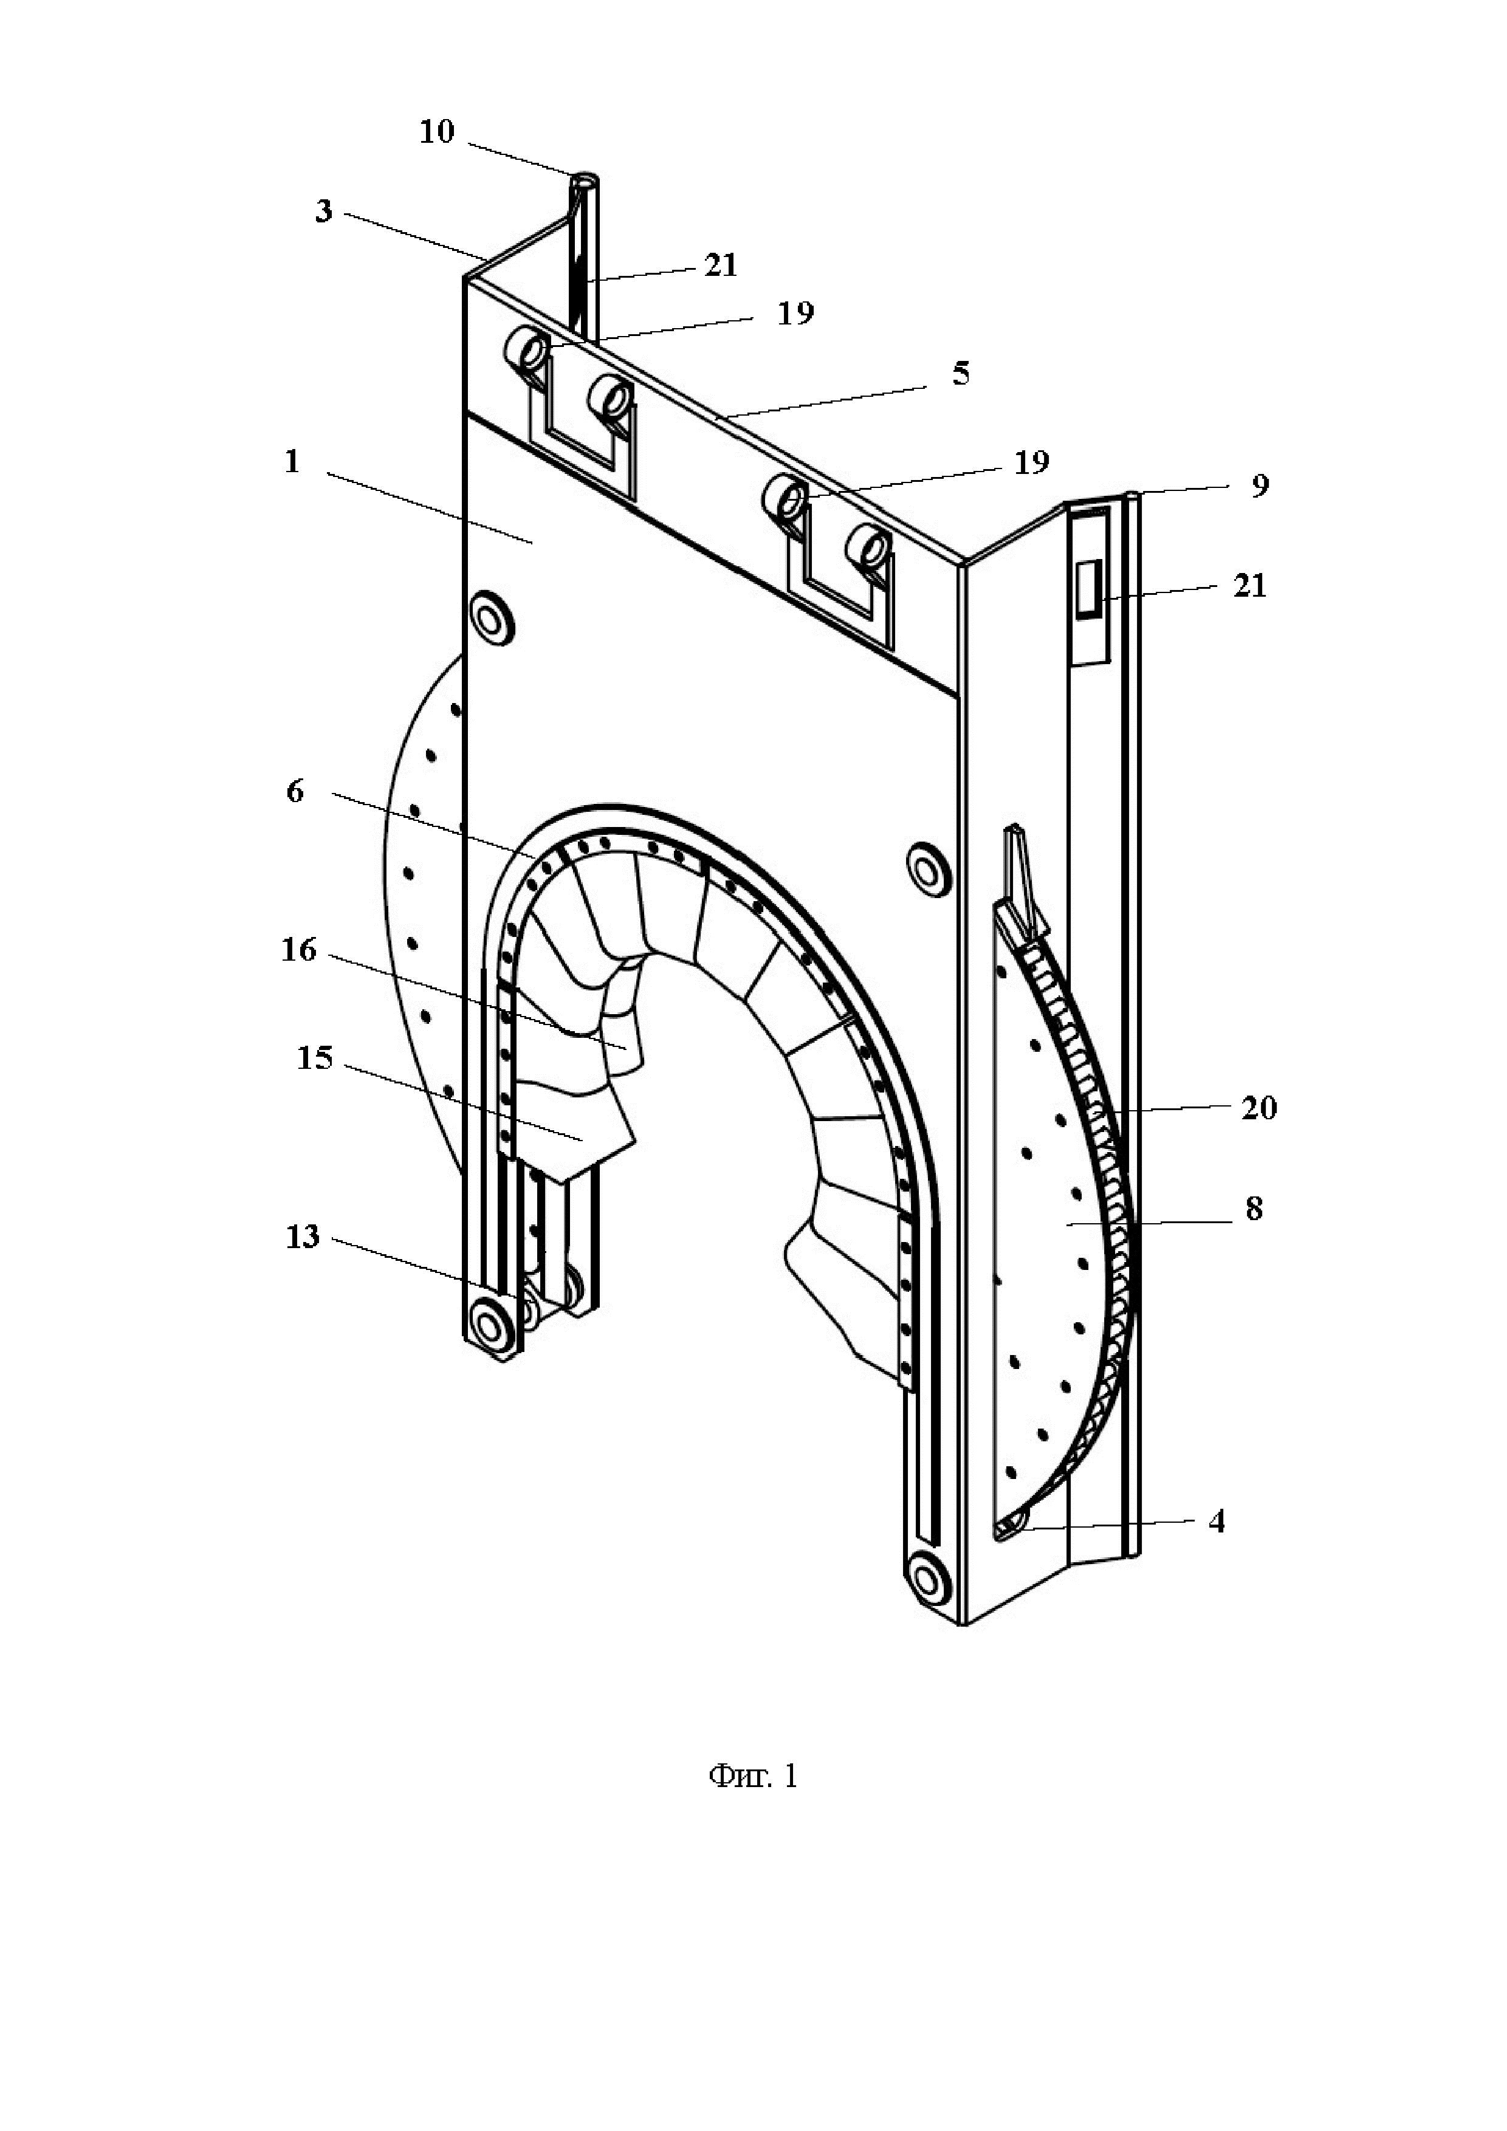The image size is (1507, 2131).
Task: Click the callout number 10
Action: pyautogui.click(x=437, y=132)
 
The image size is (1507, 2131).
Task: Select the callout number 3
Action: pyautogui.click(x=323, y=211)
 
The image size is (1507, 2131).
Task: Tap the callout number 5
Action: pyautogui.click(x=961, y=374)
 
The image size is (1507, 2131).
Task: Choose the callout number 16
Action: pyautogui.click(x=299, y=950)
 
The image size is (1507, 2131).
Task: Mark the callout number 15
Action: pyautogui.click(x=315, y=1057)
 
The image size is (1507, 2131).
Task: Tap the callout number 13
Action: pyautogui.click(x=303, y=1237)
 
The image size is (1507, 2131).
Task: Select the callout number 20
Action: pyautogui.click(x=1259, y=1107)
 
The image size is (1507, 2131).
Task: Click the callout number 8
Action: pyautogui.click(x=1254, y=1209)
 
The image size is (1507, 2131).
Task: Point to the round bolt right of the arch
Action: pyautogui.click(x=926, y=870)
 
